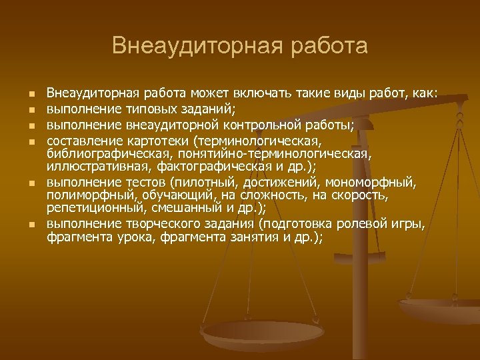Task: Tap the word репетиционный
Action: [92, 207]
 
